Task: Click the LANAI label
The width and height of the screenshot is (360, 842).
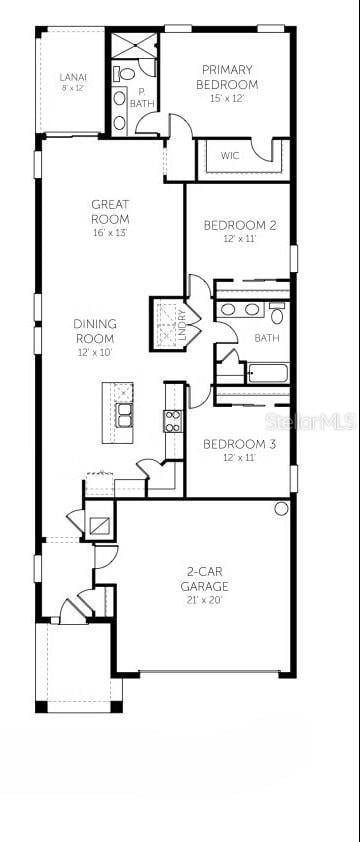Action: [x=72, y=77]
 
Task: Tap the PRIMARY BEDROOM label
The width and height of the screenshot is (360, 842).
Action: [x=227, y=76]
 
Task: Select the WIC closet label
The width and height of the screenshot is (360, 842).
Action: [x=230, y=156]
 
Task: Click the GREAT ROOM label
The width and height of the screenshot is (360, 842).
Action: [x=110, y=211]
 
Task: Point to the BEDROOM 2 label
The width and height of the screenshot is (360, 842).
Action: [x=240, y=225]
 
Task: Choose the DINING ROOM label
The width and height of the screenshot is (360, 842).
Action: [x=95, y=331]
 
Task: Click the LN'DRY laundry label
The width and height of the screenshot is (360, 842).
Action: [x=182, y=325]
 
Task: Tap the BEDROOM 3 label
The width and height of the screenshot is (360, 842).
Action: [x=240, y=444]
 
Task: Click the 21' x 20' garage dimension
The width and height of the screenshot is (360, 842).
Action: [x=205, y=600]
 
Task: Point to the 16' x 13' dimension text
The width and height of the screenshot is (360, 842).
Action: [x=110, y=233]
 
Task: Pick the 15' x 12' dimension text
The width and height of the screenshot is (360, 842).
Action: [x=227, y=98]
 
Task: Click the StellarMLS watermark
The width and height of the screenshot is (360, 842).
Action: [x=320, y=424]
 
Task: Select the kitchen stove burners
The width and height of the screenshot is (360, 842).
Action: [x=173, y=421]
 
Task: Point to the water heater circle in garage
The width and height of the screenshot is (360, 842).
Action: [x=281, y=508]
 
